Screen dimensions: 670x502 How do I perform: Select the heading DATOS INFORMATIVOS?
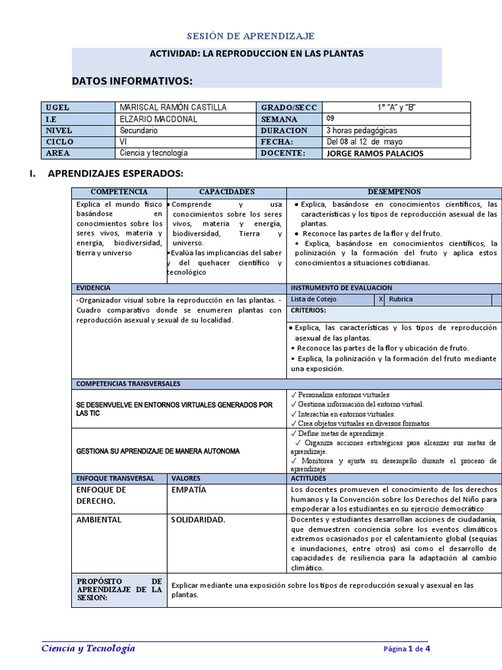pos(132,80)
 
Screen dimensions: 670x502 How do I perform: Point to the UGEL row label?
pos(58,107)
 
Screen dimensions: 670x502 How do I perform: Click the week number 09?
pos(331,118)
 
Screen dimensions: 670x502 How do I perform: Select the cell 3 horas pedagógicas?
pos(361,130)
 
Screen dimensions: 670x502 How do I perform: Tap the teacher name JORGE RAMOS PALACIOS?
pos(375,153)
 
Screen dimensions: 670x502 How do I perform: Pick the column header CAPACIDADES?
pos(226,192)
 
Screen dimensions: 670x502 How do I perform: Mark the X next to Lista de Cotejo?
pos(380,299)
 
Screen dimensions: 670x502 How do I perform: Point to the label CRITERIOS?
pos(309,310)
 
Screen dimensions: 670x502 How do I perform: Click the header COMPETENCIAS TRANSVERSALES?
pos(129,383)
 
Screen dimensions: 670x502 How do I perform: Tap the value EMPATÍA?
pos(188,489)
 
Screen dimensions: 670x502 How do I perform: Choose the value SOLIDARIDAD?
pos(198,520)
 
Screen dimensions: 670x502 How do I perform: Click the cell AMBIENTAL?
pos(99,520)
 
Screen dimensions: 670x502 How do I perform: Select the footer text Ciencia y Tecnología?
pos(88,648)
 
